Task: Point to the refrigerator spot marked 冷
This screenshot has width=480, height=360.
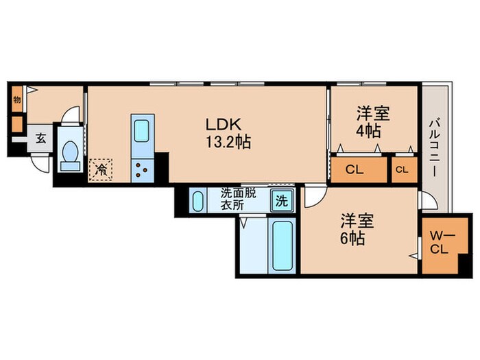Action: coord(100,168)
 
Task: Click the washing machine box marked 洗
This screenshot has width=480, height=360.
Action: coord(282,202)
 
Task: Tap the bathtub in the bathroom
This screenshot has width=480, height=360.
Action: coord(282,245)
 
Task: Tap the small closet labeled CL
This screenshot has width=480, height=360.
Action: coord(401,169)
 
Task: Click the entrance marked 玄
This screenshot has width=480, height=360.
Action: coord(40,138)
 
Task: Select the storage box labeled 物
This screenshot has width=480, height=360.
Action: coord(16,99)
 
